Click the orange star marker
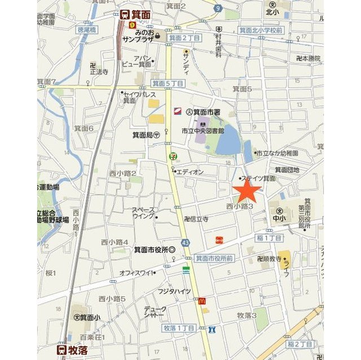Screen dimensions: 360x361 tap(247, 191)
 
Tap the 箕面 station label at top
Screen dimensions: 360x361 tap(137, 16)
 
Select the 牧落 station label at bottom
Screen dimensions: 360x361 tap(73, 349)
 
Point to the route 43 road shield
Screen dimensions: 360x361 tap(186, 242)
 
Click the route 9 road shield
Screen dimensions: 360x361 tap(218, 8)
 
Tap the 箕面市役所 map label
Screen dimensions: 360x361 tap(155, 250)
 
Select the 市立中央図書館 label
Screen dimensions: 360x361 tap(202, 130)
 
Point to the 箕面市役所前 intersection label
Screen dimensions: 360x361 tap(214, 258)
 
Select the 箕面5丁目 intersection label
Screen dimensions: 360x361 tap(168, 83)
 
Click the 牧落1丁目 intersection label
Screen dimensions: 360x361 tap(178, 328)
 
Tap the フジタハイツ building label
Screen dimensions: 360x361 tap(174, 291)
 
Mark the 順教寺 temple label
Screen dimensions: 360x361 tap(268, 259)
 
